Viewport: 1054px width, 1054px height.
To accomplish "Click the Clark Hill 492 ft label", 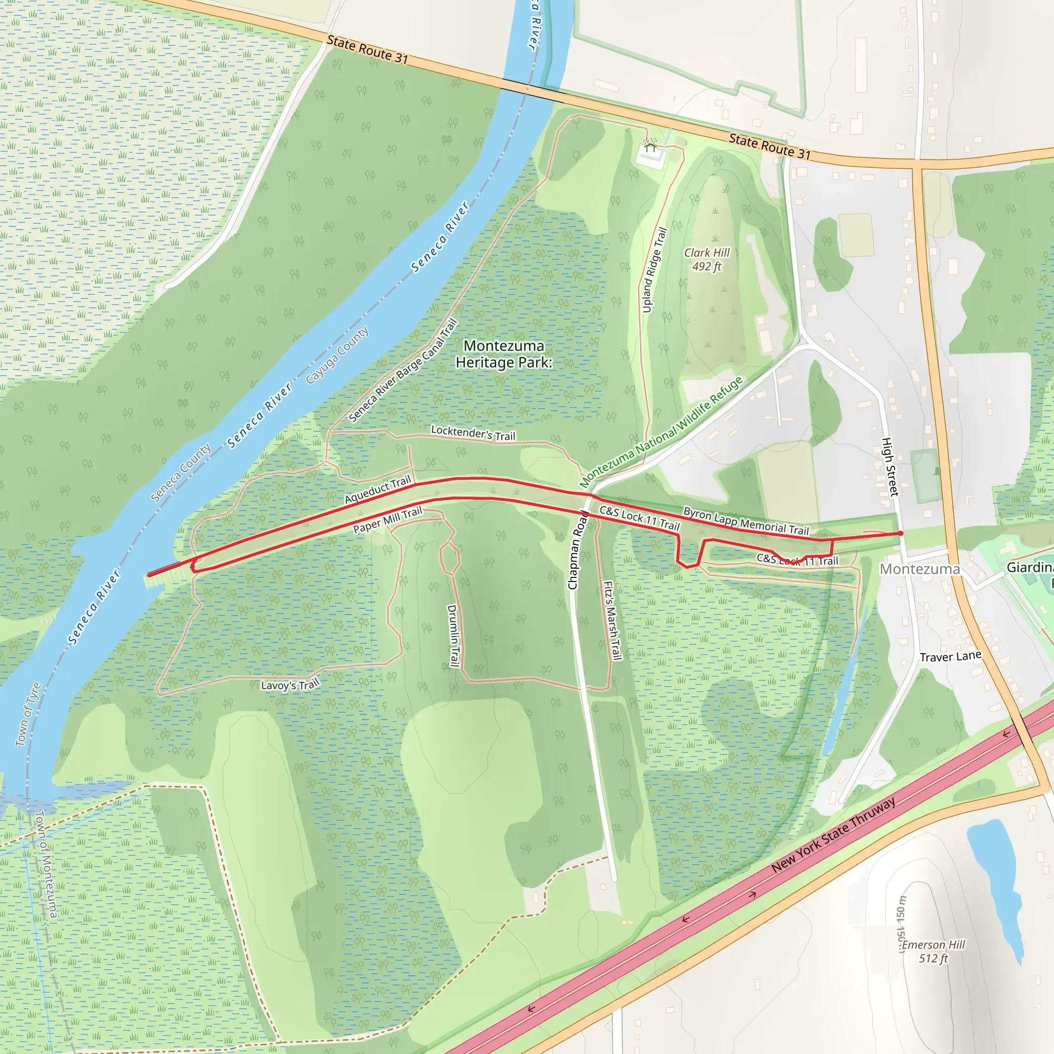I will tap(707, 260).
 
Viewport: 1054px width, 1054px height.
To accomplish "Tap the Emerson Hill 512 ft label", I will tap(934, 952).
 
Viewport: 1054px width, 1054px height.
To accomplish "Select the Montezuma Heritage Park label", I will tap(503, 354).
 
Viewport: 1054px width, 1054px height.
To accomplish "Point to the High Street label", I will tap(890, 467).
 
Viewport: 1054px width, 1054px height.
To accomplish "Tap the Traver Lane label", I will tap(951, 656).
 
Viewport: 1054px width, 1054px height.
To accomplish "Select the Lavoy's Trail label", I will tap(290, 685).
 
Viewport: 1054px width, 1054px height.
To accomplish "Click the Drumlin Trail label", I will tap(453, 635).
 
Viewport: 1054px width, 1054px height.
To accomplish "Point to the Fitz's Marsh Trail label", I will tap(612, 620).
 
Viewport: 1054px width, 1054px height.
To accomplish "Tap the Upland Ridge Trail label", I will tap(654, 271).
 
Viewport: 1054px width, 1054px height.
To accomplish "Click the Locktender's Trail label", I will tap(473, 433).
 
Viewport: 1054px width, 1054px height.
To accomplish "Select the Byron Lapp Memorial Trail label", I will tap(746, 521).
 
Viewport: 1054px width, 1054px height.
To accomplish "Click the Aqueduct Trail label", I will tap(378, 490).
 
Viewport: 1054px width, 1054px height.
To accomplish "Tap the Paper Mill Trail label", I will tap(388, 520).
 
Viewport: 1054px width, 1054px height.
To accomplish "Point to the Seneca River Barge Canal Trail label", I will tap(402, 371).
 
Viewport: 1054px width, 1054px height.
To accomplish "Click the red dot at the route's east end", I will tap(901, 533).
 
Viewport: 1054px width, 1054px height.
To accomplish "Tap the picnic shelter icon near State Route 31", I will tap(651, 146).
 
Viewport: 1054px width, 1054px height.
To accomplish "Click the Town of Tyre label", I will tap(28, 714).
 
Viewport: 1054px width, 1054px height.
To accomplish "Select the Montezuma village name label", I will tap(920, 569).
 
